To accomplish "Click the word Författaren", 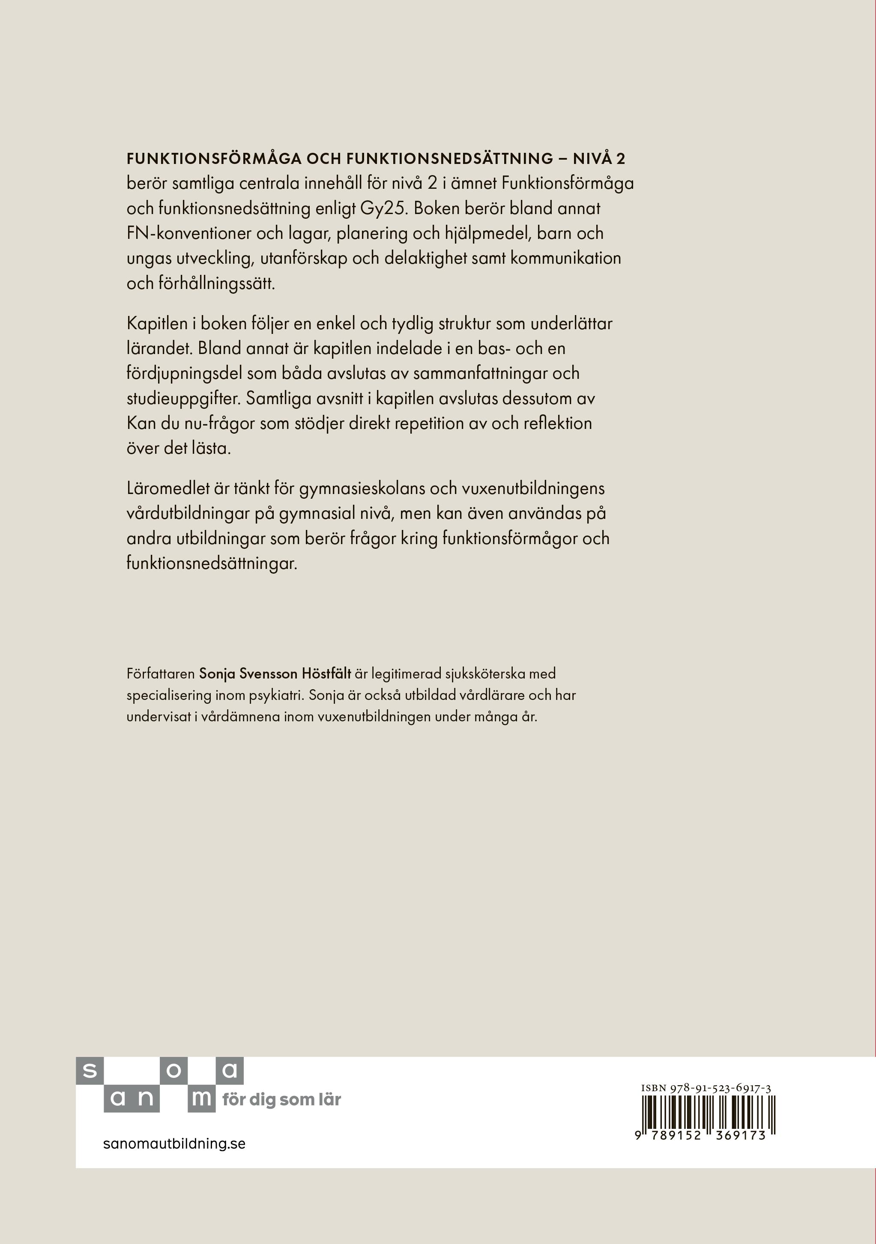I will pos(161,674).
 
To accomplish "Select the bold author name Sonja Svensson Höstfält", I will pos(275,674).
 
